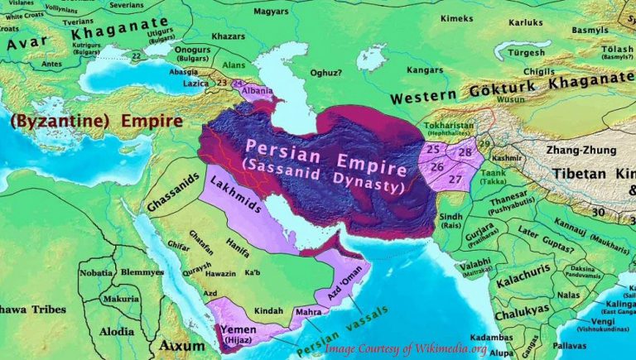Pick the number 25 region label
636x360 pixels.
click(x=432, y=150)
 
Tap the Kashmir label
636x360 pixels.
click(x=506, y=156)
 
